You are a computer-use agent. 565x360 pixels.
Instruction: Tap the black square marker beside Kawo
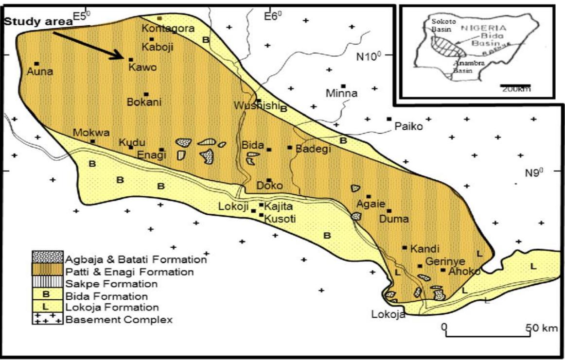(130, 59)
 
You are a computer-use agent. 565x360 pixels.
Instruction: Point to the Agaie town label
(368, 204)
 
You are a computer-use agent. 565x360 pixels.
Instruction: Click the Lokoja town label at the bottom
(388, 314)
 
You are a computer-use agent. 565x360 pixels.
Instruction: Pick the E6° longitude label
(273, 17)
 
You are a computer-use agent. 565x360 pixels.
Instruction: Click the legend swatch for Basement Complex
(47, 319)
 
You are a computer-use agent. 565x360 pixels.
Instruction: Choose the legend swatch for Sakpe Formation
(47, 284)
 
